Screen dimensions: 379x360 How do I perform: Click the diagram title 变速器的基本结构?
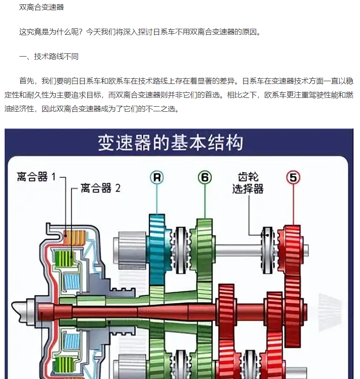coord(170,143)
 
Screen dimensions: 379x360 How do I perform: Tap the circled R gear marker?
coord(157,177)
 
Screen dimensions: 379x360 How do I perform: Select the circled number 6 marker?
coord(205,177)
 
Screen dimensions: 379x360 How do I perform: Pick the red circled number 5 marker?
coord(293,177)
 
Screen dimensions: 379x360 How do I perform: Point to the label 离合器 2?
coord(100,188)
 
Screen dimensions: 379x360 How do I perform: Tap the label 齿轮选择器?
coord(248,183)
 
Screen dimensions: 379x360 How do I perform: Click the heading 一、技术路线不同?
coord(49,57)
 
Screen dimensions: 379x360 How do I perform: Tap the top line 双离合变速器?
coord(41,7)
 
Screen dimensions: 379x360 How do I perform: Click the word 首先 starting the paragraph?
coord(26,81)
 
